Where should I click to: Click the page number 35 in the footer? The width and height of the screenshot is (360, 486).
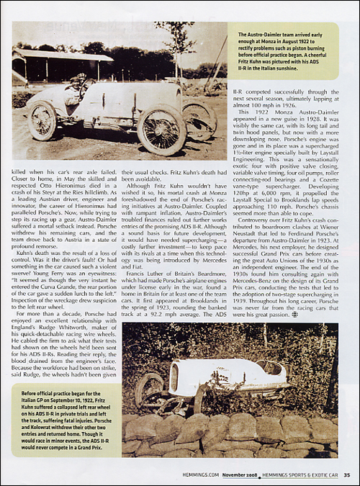pyautogui.click(x=346, y=474)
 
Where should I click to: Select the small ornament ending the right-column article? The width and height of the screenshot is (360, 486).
pyautogui.click(x=294, y=314)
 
